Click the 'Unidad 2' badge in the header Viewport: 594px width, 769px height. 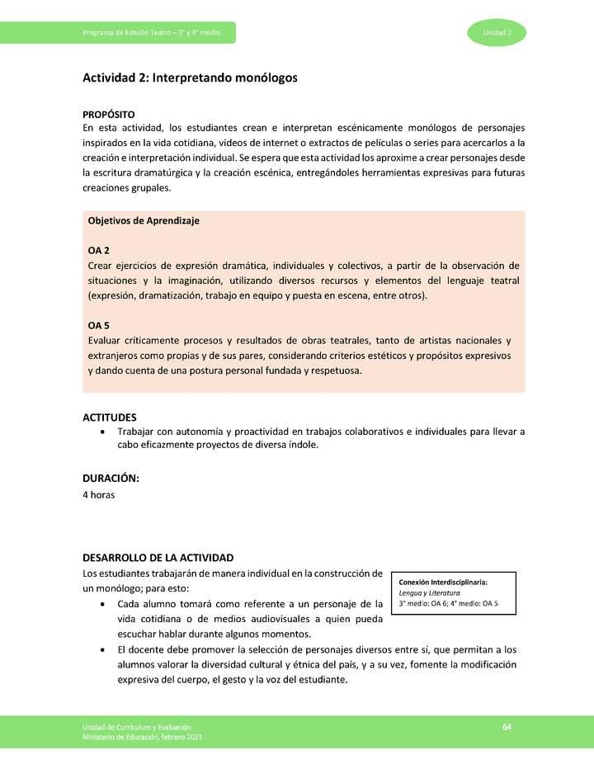tap(497, 32)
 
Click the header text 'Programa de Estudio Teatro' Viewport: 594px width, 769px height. tap(124, 32)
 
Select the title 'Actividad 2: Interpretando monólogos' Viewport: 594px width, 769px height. tap(190, 78)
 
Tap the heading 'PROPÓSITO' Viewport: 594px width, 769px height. tap(109, 114)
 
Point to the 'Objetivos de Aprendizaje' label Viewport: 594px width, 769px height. tap(144, 221)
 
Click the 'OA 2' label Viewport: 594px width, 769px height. tap(98, 250)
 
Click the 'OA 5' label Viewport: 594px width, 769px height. tap(98, 325)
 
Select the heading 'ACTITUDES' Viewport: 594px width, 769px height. tap(110, 418)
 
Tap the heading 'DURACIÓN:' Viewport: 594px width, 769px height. tap(111, 479)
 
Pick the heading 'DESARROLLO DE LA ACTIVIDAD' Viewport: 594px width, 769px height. tap(158, 558)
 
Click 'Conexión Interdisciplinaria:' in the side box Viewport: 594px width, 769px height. tap(442, 582)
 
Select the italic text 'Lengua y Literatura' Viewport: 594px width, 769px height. tap(429, 592)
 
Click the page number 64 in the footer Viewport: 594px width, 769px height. tap(507, 726)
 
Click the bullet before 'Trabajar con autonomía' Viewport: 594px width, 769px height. tap(101, 432)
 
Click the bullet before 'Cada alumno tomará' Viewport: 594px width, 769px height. tap(101, 605)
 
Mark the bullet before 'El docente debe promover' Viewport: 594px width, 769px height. tap(101, 650)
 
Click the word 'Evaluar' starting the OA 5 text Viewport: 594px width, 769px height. tap(106, 341)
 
